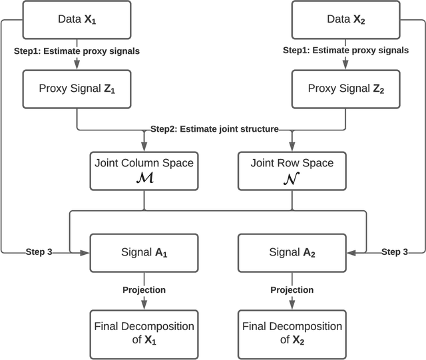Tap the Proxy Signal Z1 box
click(77, 89)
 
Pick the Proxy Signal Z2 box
click(345, 89)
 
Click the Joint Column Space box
click(144, 170)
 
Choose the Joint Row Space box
click(291, 170)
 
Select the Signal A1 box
click(144, 252)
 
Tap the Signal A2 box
click(291, 252)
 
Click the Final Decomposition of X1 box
click(144, 332)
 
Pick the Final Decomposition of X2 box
click(291, 332)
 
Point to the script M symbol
click(144, 178)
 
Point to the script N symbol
click(291, 178)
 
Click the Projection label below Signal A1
click(144, 289)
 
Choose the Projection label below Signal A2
click(291, 289)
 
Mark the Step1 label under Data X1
click(77, 51)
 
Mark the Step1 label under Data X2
click(345, 51)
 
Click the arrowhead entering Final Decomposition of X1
click(144, 307)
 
